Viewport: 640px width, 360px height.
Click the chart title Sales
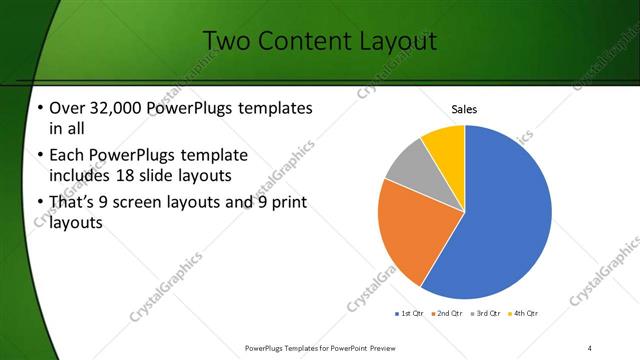[x=465, y=108]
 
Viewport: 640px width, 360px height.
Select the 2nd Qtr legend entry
[x=446, y=314]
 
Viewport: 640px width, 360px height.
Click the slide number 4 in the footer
[x=590, y=347]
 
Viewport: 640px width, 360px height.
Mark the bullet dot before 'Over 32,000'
[x=38, y=108]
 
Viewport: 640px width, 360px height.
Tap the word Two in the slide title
[x=229, y=41]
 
